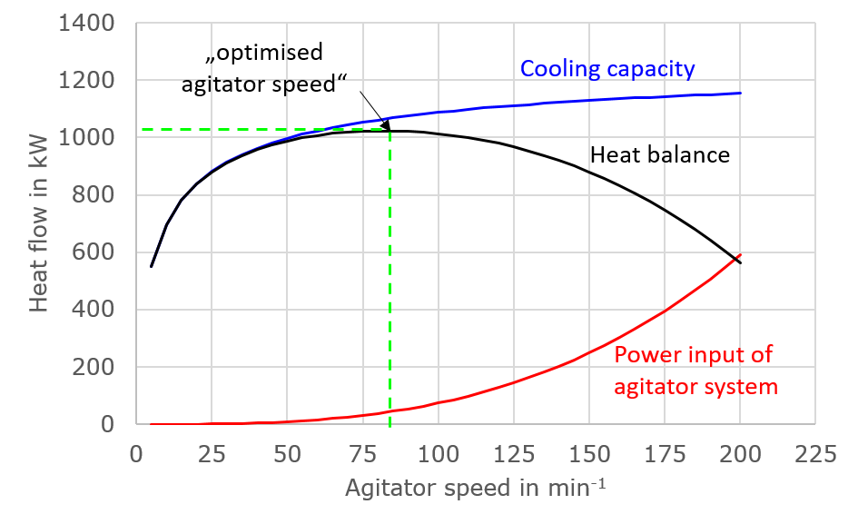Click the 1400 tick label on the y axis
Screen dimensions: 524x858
(87, 24)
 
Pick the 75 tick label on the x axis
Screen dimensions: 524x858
(363, 454)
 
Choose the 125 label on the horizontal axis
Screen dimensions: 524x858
(514, 454)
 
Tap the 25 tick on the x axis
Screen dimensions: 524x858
(212, 454)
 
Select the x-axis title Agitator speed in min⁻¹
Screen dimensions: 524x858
(475, 489)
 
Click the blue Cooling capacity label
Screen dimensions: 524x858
(607, 69)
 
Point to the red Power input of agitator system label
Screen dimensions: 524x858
(695, 371)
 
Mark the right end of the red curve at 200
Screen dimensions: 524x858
(740, 256)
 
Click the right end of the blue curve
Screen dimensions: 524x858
(740, 93)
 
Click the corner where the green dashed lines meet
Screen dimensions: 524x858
(390, 130)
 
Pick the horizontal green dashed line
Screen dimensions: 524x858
(263, 130)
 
